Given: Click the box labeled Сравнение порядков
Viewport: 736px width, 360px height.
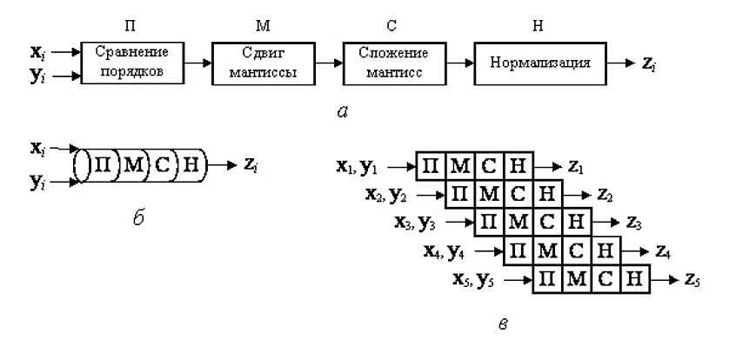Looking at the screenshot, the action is (132, 63).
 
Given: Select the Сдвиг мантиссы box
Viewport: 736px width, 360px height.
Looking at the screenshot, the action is (263, 63).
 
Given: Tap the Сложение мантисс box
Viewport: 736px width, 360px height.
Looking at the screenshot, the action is (394, 63).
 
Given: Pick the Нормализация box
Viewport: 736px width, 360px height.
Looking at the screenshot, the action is (539, 63).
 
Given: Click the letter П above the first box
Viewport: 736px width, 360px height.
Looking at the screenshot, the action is (130, 26).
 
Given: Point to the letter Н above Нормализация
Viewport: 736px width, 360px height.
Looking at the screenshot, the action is (538, 26).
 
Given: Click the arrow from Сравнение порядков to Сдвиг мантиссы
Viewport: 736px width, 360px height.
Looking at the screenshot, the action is (197, 63).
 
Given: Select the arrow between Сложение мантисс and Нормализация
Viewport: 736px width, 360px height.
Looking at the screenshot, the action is (460, 63).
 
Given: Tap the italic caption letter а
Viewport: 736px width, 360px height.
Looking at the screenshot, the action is (343, 111).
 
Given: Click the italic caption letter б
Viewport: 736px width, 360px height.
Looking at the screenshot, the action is (138, 217).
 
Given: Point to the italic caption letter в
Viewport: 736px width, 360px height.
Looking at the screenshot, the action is (503, 323).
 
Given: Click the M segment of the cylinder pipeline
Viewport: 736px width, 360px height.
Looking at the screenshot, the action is (134, 166).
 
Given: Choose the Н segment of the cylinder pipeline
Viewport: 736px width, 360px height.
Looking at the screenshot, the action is (191, 166).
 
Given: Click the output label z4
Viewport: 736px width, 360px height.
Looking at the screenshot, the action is (663, 252).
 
